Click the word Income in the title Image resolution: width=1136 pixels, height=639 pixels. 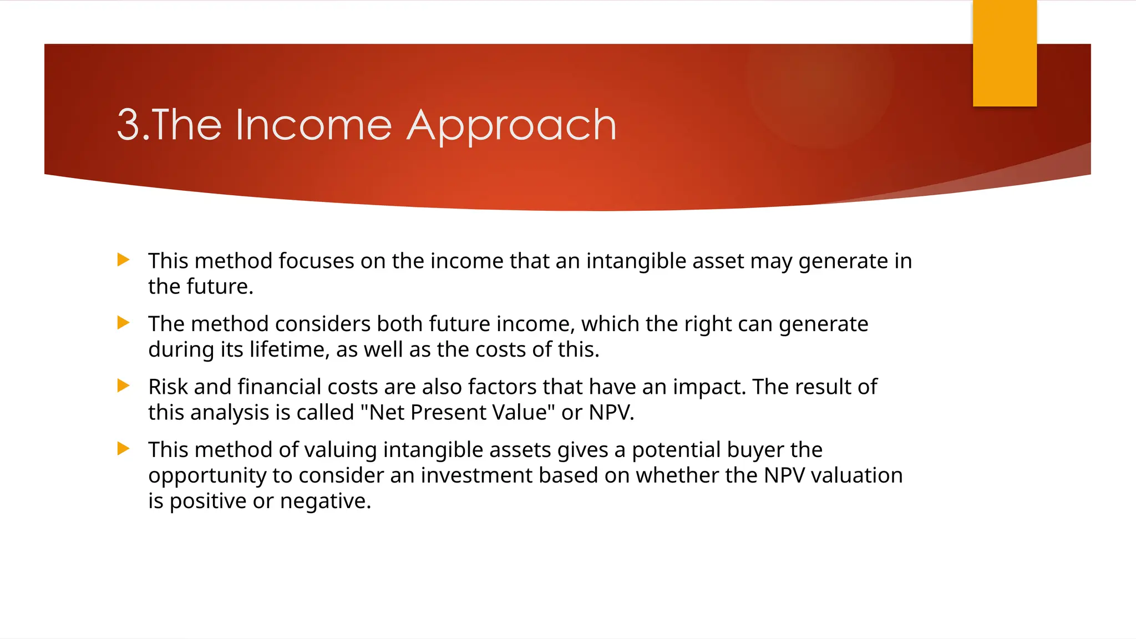tap(313, 125)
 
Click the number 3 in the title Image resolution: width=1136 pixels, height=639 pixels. tap(128, 125)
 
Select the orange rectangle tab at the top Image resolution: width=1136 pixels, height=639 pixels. tap(1004, 54)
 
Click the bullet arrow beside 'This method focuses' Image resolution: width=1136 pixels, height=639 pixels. tap(124, 260)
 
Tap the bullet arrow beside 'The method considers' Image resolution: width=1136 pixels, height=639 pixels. tap(124, 322)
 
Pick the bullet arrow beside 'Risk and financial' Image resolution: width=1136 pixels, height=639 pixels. tap(124, 386)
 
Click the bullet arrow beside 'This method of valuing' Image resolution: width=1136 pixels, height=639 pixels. tap(124, 448)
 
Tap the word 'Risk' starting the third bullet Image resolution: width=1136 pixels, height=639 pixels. tap(168, 387)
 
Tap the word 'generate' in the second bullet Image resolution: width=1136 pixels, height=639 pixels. tap(823, 324)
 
